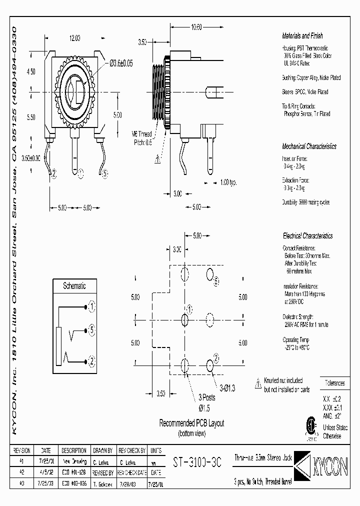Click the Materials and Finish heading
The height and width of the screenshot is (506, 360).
(302, 36)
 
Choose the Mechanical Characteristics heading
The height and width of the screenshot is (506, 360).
(309, 146)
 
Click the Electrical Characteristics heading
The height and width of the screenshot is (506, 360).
(307, 236)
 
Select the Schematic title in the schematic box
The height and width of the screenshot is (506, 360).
(74, 286)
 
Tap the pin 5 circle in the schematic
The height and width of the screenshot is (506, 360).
(91, 329)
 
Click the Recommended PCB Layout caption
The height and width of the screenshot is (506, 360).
(191, 423)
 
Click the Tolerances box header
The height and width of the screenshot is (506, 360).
(334, 383)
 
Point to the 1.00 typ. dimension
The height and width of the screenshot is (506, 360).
(228, 182)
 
